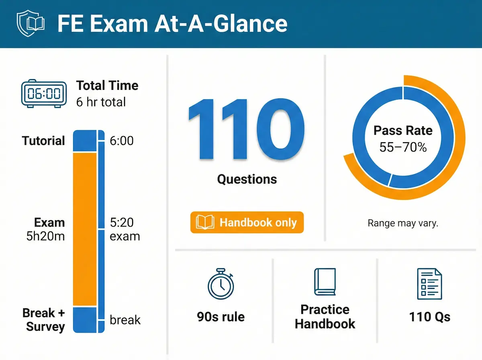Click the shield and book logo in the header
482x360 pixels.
(29, 23)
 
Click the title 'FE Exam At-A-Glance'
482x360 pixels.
(172, 24)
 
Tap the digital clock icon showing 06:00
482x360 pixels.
(43, 94)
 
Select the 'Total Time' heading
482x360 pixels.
(107, 86)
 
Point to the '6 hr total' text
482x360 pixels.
(101, 102)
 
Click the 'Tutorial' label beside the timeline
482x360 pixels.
(43, 141)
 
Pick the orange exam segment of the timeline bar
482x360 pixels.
(85, 229)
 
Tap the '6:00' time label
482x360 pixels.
(121, 141)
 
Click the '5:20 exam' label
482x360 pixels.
(125, 229)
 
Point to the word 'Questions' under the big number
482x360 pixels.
(247, 179)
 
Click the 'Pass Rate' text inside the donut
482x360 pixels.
(403, 131)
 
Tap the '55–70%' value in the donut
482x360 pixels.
(403, 147)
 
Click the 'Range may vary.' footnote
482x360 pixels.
(403, 223)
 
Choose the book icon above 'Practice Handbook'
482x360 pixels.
(325, 282)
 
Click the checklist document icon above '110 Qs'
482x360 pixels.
(429, 284)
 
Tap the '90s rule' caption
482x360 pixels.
(221, 317)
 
